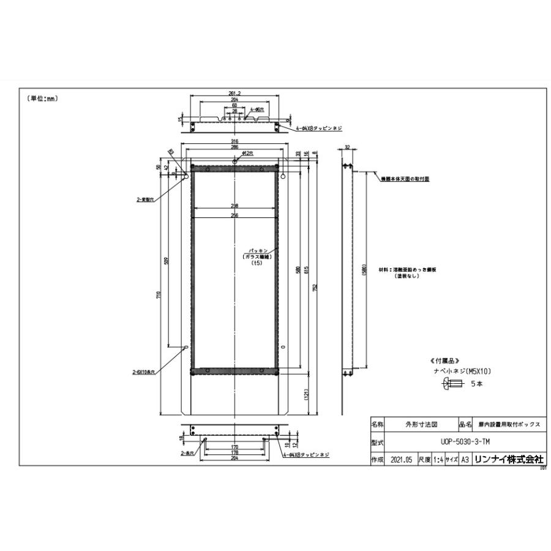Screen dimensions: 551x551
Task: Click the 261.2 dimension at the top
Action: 234,93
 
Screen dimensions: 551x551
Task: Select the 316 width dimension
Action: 234,141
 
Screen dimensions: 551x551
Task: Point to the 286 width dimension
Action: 234,148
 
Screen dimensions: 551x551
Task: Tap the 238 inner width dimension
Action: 234,206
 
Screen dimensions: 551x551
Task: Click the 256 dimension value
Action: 234,214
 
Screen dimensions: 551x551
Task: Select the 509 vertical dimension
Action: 167,260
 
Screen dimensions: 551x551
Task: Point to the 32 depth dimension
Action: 347,147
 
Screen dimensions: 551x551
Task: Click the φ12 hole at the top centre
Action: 236,162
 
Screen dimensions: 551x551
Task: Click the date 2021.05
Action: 400,459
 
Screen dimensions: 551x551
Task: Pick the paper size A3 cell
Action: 465,459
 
